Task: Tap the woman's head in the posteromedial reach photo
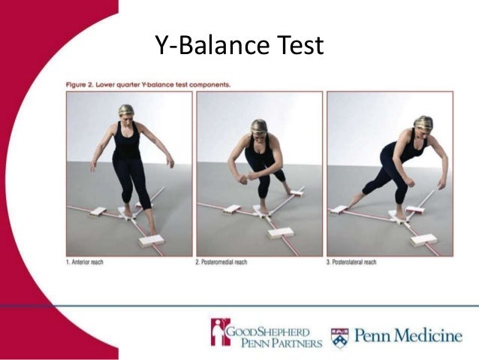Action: point(259,127)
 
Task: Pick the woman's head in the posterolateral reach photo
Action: point(424,123)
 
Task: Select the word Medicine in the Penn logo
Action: point(426,335)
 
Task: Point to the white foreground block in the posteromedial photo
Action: point(280,233)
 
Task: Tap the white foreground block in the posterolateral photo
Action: point(424,240)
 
